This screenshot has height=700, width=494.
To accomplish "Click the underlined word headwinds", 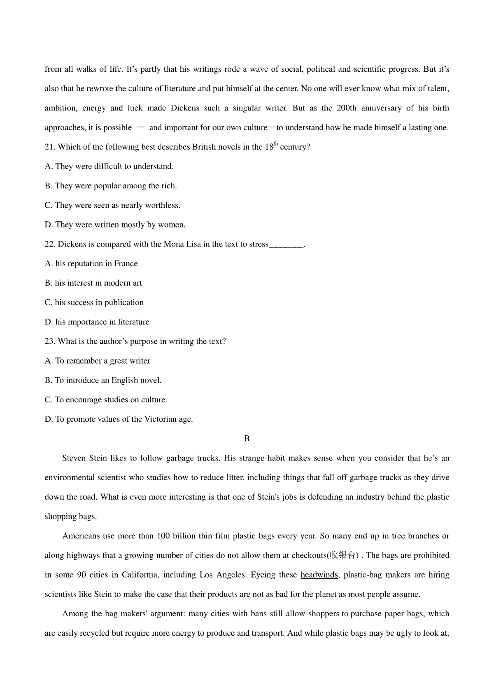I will (319, 575).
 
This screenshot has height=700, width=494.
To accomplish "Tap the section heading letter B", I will (247, 439).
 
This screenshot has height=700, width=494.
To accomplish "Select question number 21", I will (50, 147).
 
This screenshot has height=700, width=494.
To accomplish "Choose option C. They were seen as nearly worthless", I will (112, 205).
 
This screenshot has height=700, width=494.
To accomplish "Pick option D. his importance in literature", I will (97, 322).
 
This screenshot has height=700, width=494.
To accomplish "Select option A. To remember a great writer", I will (98, 361).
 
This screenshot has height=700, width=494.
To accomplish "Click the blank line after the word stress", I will (286, 244).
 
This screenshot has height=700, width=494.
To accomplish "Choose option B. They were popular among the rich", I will (111, 186).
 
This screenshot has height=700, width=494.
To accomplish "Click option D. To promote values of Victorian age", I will (119, 419).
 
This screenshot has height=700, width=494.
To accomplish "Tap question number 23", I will (50, 341).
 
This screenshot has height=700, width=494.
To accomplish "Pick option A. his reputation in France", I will (91, 263).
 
